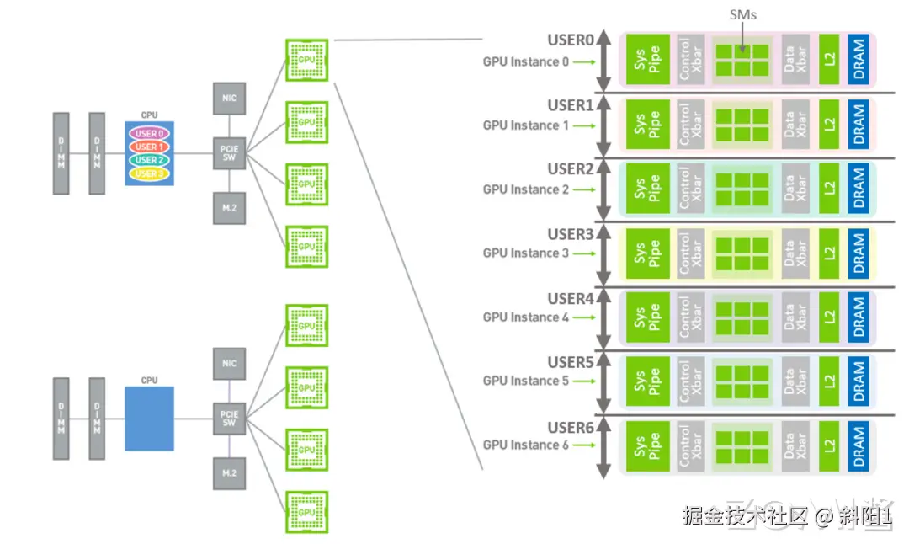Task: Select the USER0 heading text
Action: [571, 40]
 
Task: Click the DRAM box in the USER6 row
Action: [858, 446]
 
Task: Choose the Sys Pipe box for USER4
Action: [648, 317]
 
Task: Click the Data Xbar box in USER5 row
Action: [795, 381]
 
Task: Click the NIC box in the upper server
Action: [229, 99]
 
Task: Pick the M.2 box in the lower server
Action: [229, 473]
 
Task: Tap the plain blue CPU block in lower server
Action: [149, 419]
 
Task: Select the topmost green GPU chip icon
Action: [306, 59]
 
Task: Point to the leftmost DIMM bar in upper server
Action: [61, 153]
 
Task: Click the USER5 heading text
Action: [571, 363]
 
